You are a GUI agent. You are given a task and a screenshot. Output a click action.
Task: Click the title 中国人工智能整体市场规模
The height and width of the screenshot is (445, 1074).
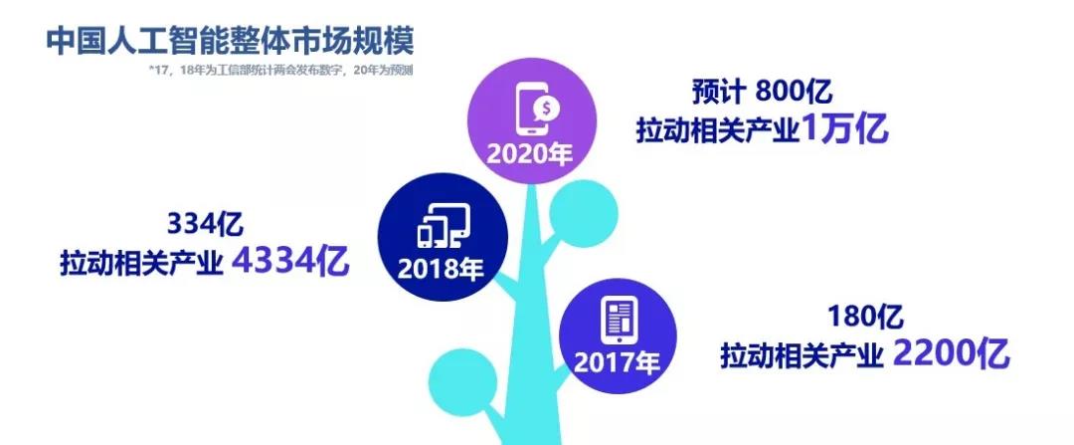(x=230, y=42)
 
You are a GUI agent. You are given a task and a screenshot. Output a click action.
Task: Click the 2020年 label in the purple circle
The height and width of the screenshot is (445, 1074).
(x=529, y=153)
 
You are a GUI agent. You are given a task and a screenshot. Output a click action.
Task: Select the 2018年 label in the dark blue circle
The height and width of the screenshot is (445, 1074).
(x=441, y=268)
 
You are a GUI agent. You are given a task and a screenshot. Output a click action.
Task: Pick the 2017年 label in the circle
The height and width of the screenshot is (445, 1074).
(x=618, y=362)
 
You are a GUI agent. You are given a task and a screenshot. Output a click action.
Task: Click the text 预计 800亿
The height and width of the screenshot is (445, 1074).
(x=762, y=92)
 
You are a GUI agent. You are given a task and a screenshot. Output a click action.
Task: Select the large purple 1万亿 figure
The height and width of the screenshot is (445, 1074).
(x=843, y=128)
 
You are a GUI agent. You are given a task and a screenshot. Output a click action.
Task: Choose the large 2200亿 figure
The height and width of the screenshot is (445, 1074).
(x=952, y=353)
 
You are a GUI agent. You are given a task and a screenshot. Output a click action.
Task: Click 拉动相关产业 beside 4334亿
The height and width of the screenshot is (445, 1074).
(x=142, y=263)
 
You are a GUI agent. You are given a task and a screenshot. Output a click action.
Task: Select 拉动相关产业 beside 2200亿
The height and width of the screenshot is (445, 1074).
(x=803, y=355)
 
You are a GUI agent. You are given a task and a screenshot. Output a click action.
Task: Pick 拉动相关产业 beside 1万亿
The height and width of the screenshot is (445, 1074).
(x=718, y=130)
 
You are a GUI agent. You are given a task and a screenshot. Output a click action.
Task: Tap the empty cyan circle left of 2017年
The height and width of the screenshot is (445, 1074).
(x=463, y=382)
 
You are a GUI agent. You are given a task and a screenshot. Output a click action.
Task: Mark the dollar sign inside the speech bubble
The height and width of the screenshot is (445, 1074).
(x=546, y=107)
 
